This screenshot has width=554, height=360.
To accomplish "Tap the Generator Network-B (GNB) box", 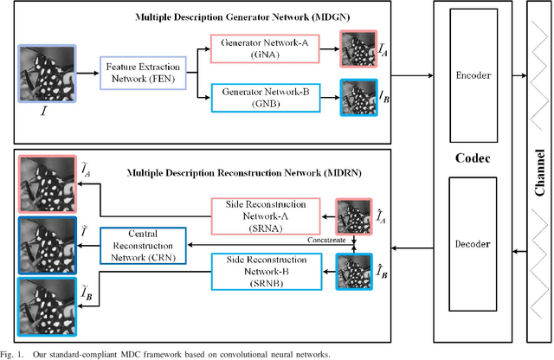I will (x=266, y=95).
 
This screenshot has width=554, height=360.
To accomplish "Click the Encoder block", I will (x=473, y=76).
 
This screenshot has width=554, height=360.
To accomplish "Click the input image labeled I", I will (x=48, y=74).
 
